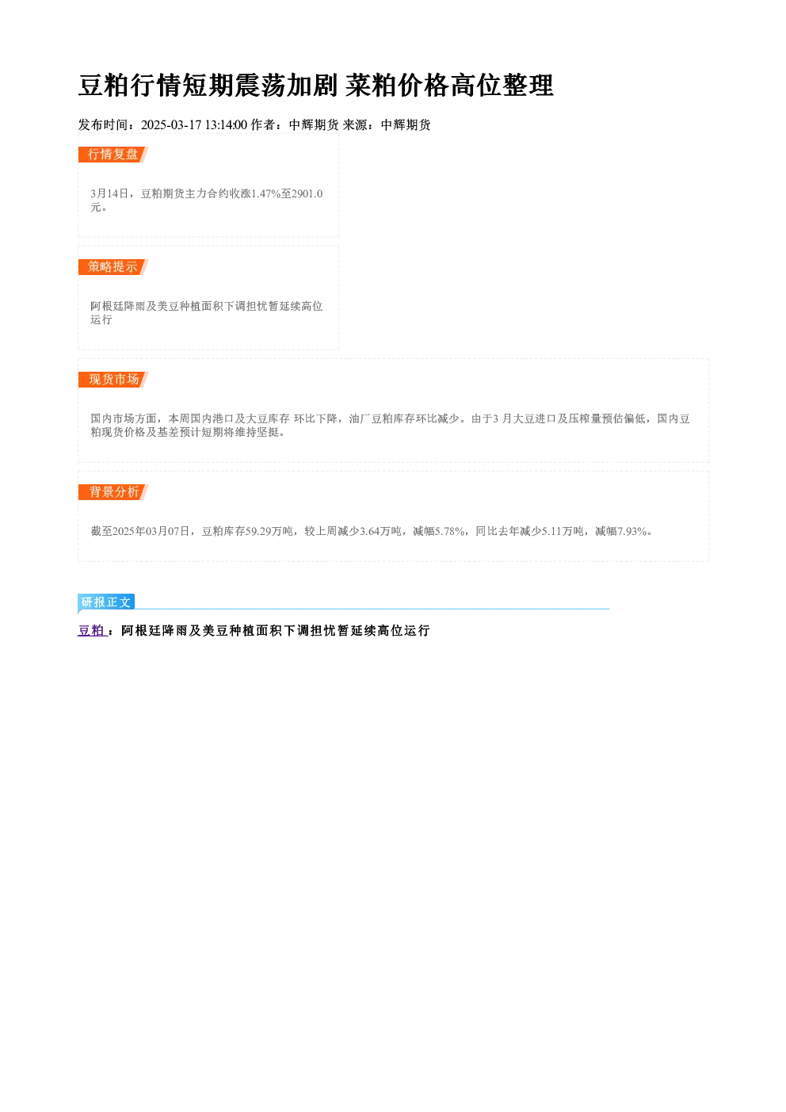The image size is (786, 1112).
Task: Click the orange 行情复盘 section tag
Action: [113, 155]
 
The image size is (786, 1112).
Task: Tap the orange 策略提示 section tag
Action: [113, 267]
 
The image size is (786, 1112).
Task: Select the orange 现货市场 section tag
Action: [113, 380]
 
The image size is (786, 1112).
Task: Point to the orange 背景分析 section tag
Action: [113, 492]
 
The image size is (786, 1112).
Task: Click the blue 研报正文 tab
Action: [106, 602]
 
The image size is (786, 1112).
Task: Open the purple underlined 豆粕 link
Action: [92, 630]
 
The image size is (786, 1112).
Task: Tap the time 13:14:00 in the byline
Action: [227, 124]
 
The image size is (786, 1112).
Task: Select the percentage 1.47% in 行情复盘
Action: [266, 193]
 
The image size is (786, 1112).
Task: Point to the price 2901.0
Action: [307, 193]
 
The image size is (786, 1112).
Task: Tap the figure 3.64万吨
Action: [380, 531]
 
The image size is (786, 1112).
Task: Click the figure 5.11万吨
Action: [563, 531]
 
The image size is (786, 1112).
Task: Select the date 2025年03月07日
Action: [151, 531]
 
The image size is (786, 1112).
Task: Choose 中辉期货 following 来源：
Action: [406, 124]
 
